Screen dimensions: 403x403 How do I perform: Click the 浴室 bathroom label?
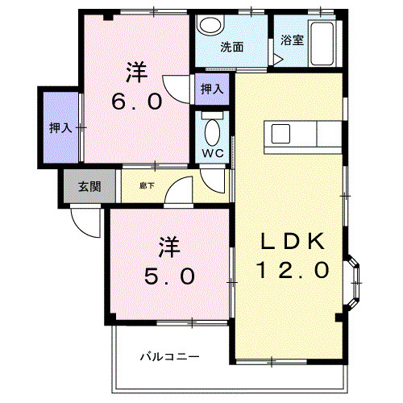(292, 40)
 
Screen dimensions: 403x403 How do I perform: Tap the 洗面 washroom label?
(232, 47)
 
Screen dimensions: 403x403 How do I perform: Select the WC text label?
(213, 153)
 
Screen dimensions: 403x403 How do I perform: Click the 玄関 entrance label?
(89, 186)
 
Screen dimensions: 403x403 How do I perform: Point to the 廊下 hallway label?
(147, 185)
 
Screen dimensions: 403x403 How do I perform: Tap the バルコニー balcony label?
(170, 357)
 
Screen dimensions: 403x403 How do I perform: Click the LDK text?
(293, 241)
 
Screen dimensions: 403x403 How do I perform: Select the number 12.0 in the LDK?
(293, 270)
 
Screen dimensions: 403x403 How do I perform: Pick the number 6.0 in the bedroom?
(137, 102)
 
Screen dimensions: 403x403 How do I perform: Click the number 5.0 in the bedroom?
(169, 276)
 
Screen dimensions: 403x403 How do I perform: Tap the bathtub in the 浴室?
(322, 44)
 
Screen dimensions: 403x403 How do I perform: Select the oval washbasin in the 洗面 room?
(211, 25)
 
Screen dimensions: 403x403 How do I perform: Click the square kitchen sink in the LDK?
(280, 134)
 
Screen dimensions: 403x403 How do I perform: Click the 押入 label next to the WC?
(212, 89)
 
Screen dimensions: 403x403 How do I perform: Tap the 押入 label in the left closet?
(61, 128)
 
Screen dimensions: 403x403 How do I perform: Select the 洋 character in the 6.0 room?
(137, 72)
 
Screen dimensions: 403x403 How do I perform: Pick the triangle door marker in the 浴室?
(278, 60)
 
